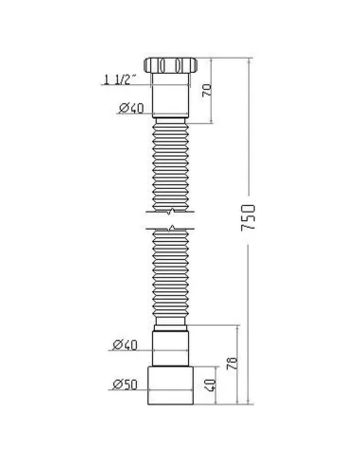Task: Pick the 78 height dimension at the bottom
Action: coord(232,364)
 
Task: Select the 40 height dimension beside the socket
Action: coord(209,385)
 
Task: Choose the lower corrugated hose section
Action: coord(170,279)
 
